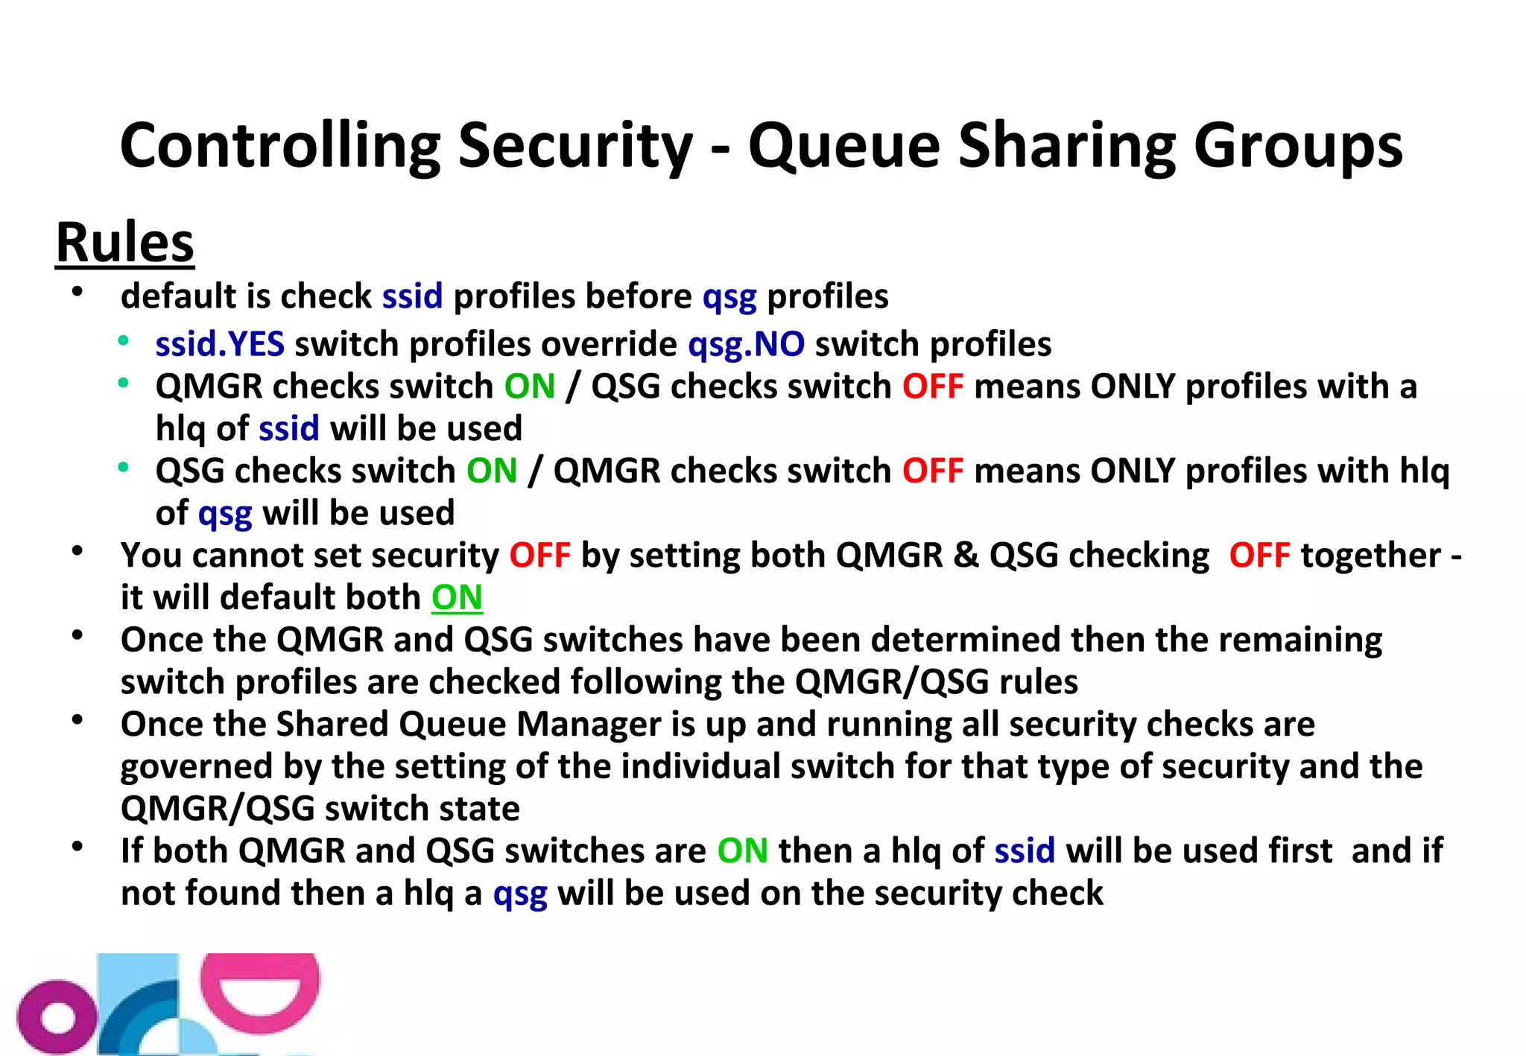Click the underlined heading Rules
125,243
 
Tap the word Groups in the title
1297,146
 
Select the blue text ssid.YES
220,344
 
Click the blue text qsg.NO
746,344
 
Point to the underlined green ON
457,597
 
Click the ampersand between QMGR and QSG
966,556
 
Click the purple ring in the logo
57,1018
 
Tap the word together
1370,556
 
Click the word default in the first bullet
178,296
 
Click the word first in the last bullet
1300,851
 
